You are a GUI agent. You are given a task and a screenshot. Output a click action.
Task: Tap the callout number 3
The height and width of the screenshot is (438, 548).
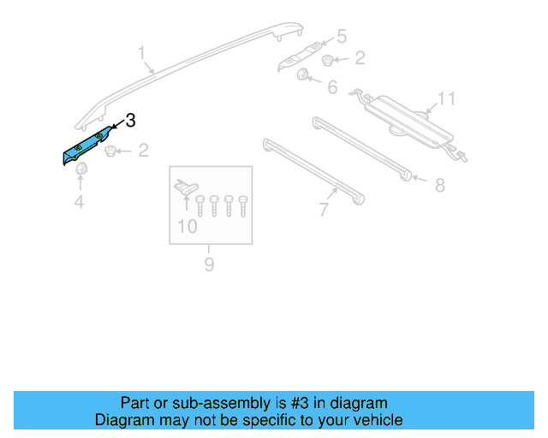pyautogui.click(x=130, y=121)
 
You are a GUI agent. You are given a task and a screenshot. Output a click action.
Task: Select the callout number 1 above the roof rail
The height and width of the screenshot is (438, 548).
pyautogui.click(x=143, y=55)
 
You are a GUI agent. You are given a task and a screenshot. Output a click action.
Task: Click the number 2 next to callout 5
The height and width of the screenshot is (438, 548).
pyautogui.click(x=360, y=58)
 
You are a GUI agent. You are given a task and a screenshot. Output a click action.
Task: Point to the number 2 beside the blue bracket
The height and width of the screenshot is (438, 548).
pyautogui.click(x=143, y=151)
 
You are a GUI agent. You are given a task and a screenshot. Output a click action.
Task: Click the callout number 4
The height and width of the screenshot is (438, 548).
pyautogui.click(x=79, y=202)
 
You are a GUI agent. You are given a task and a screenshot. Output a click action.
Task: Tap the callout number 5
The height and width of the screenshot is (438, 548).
pyautogui.click(x=341, y=37)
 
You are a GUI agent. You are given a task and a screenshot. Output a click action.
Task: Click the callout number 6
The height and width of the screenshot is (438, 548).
pyautogui.click(x=331, y=87)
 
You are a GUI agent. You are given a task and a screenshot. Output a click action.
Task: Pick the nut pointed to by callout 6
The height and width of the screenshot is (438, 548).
pyautogui.click(x=303, y=76)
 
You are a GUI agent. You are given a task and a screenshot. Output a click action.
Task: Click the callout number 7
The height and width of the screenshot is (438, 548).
pyautogui.click(x=323, y=210)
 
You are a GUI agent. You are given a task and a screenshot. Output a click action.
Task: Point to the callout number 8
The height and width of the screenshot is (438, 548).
pyautogui.click(x=439, y=185)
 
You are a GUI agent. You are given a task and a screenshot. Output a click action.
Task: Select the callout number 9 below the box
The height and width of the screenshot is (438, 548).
pyautogui.click(x=209, y=264)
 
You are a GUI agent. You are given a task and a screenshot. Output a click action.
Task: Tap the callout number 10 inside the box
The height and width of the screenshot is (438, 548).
pyautogui.click(x=187, y=227)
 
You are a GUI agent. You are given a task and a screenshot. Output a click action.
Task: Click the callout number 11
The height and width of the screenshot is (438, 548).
pyautogui.click(x=445, y=100)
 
